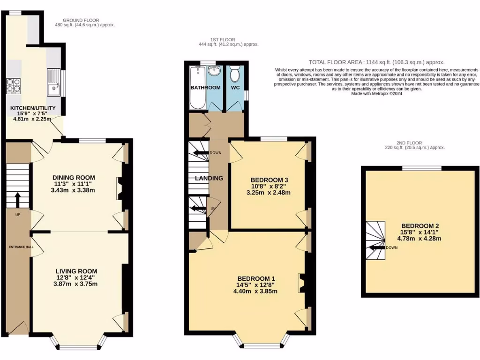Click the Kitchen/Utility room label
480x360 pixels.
[33, 108]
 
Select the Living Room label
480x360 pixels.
[76, 271]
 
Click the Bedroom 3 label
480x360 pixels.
[269, 180]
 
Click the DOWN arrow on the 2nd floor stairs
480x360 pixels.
[377, 247]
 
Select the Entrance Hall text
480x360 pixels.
[18, 246]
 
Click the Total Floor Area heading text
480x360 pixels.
[376, 62]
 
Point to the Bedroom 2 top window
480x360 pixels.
[421, 167]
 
